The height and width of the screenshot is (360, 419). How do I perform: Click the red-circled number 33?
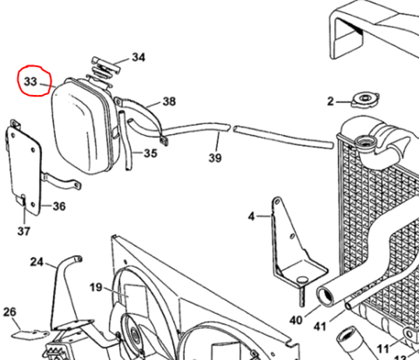point(31,81)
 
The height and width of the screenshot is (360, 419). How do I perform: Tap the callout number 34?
point(139,57)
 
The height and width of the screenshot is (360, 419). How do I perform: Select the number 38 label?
point(169,101)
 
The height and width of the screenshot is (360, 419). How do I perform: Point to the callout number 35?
point(151,153)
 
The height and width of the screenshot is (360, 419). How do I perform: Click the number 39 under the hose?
point(215,158)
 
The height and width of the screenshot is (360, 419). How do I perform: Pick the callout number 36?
point(59,206)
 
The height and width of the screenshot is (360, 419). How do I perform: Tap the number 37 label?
point(24,231)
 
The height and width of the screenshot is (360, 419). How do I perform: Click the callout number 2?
point(330,101)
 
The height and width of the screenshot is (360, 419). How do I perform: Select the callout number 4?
point(251,217)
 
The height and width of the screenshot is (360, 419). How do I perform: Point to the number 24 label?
point(36,262)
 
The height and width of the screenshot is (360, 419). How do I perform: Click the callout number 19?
point(96,287)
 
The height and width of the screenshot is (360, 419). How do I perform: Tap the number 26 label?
point(10,312)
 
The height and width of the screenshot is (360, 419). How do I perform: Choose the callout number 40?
point(296,320)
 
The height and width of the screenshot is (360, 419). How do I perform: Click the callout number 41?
point(320,326)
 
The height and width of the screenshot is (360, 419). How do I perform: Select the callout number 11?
point(383,349)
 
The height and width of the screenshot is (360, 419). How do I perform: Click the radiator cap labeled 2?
point(365,100)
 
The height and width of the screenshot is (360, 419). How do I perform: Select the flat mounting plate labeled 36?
point(24,168)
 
